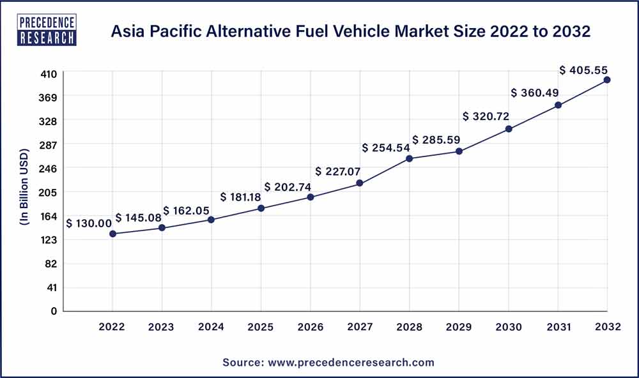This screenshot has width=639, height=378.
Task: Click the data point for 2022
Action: click(x=112, y=234)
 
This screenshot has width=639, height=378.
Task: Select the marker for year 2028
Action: click(x=410, y=158)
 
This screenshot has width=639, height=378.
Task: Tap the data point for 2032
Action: click(x=607, y=80)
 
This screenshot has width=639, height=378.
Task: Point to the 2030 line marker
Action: click(x=509, y=129)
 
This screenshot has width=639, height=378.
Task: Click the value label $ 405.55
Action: click(x=583, y=70)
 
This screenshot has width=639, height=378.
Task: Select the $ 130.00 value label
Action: click(x=89, y=223)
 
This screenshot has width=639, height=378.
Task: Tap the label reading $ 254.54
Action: click(x=386, y=148)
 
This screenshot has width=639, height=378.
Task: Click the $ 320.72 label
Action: click(x=486, y=117)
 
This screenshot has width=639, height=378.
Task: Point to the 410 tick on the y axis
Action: click(x=49, y=73)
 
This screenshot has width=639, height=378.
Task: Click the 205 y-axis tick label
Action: click(x=49, y=192)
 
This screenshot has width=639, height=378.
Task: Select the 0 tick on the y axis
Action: click(x=54, y=311)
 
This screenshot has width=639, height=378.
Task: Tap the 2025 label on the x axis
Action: click(x=261, y=327)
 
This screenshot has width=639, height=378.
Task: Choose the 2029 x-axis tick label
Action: click(x=459, y=327)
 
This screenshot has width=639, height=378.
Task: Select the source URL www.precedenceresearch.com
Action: click(x=351, y=362)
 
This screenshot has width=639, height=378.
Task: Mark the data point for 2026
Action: click(x=311, y=197)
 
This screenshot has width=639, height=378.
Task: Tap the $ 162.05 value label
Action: click(x=187, y=211)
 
